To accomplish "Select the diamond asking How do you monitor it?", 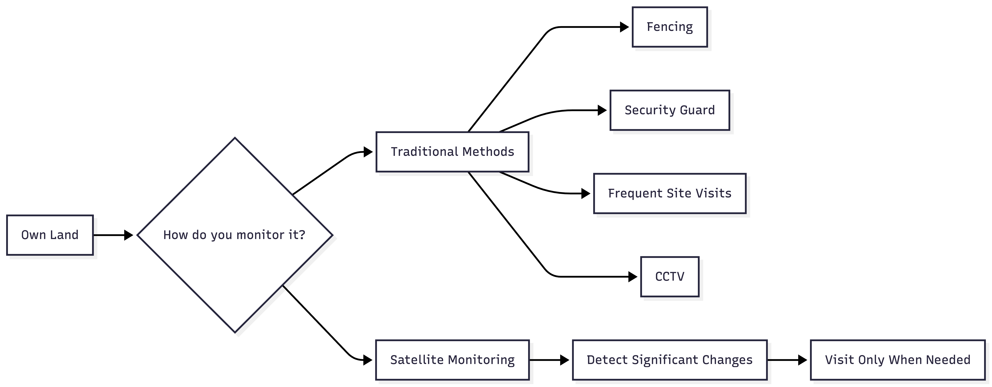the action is pos(235,235).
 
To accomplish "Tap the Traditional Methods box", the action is pos(452,152).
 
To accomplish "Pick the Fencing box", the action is pos(670,27).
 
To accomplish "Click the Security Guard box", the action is pos(670,110).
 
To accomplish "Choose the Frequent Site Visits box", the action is pos(670,193).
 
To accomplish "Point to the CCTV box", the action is pos(670,277).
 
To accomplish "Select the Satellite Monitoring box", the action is pos(452,360).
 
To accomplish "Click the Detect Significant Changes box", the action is pos(670,360).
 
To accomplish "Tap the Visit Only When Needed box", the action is pos(898,360).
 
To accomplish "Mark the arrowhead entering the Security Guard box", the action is pos(602,110).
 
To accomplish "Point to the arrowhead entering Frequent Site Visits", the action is pos(586,193).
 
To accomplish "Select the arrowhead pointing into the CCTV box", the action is pos(633,277).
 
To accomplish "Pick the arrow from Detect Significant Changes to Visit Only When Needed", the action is pos(787,360).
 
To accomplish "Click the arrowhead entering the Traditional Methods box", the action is pos(368,152).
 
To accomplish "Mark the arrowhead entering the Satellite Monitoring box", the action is pos(368,360).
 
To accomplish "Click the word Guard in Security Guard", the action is pos(697,110).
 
